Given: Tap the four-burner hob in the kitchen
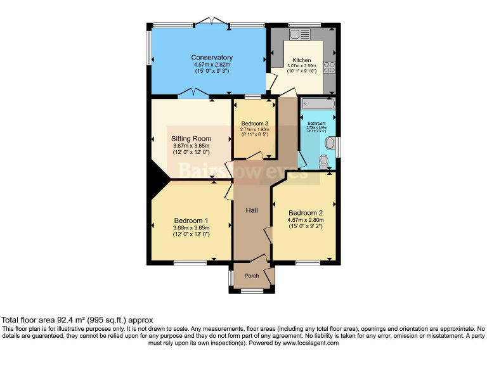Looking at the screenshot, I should click(x=330, y=67).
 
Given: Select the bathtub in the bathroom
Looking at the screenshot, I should click(x=318, y=104).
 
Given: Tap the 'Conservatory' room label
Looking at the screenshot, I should click(x=212, y=58).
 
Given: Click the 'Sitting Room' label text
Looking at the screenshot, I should click(x=191, y=139).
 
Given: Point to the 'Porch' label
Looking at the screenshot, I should click(x=252, y=276).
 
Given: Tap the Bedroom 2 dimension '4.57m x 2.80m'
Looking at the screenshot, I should click(x=306, y=220).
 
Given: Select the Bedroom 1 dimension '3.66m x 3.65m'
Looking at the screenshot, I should click(x=191, y=227).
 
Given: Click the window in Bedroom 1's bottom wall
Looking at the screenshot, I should click(x=190, y=262).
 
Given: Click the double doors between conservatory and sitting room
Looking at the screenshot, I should click(x=193, y=95).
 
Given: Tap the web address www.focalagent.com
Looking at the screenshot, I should click(x=310, y=343).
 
